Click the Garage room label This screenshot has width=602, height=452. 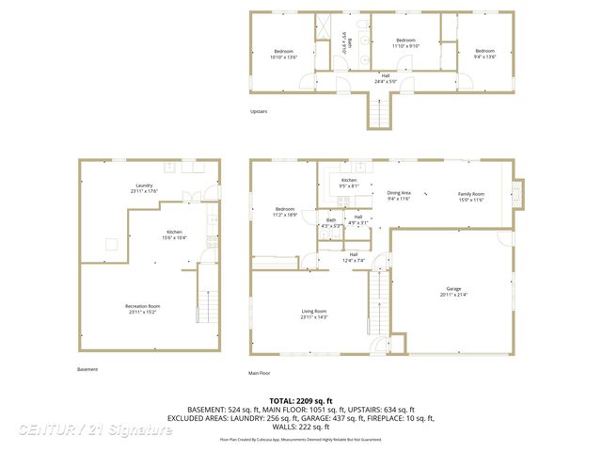(453, 292)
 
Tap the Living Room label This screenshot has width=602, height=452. (313, 314)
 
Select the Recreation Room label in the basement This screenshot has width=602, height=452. (143, 309)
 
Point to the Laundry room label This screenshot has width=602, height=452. (144, 188)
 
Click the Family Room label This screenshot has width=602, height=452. (470, 195)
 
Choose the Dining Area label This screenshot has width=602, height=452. (399, 195)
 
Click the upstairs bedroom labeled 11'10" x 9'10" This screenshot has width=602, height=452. (405, 42)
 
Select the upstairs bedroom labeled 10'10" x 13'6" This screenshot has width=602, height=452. (284, 54)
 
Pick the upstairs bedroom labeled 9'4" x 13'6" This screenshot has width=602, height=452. (483, 54)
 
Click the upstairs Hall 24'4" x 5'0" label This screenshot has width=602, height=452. (385, 78)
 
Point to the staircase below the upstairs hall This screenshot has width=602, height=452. (378, 114)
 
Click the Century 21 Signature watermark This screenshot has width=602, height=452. (95, 429)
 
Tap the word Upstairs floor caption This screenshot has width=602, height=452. (259, 111)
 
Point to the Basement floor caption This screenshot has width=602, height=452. (87, 369)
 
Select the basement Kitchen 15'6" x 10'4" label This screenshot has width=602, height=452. (175, 234)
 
